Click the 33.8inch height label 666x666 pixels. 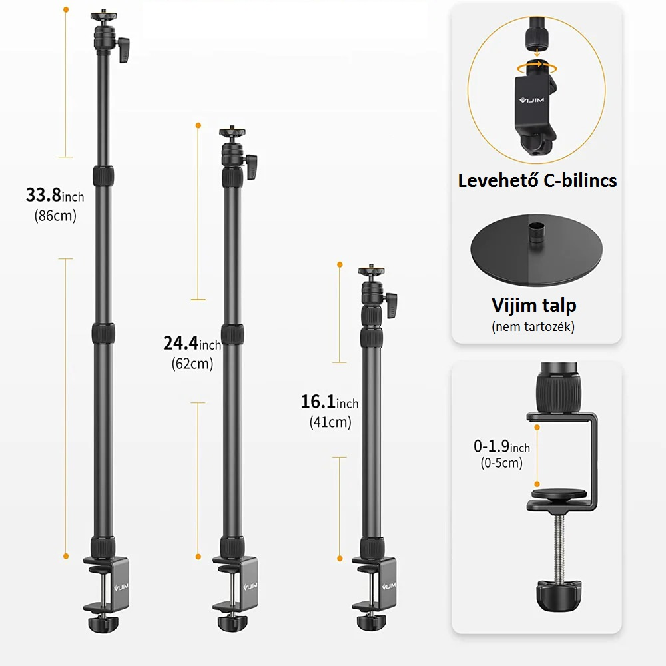click(x=55, y=195)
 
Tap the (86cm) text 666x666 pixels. click(x=55, y=216)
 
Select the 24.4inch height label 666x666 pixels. click(x=192, y=343)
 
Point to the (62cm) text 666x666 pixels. click(x=192, y=364)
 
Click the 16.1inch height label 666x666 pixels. click(x=330, y=402)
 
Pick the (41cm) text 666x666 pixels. click(x=330, y=422)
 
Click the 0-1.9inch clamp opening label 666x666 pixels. click(x=501, y=446)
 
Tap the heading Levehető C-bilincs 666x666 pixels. click(x=537, y=180)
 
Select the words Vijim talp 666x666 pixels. click(x=534, y=306)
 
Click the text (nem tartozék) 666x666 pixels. click(x=533, y=326)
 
